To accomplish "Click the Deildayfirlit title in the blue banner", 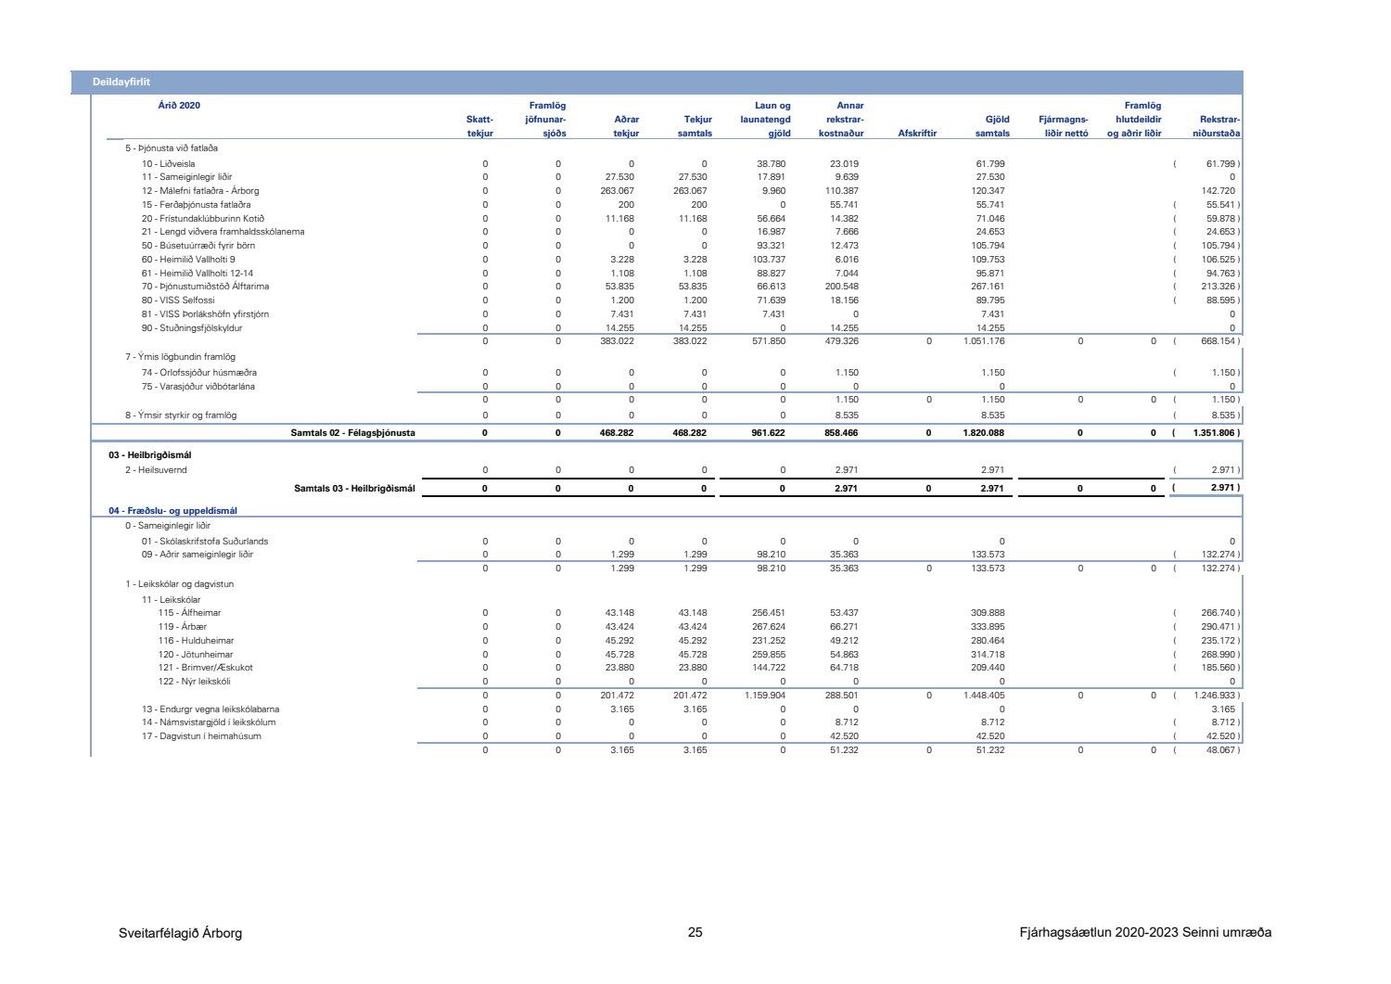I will coord(121,83).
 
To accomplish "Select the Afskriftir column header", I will coord(917,134).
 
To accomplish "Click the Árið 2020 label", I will coord(179,106).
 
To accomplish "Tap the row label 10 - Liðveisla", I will coord(168,164).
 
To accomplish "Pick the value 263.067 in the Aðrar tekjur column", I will coord(617,191).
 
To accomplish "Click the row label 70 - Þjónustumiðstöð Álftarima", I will coord(205,287).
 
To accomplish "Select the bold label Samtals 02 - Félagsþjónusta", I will coord(352,433).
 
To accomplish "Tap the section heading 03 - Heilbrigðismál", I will coord(150,455).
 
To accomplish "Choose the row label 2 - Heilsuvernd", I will coord(156,470).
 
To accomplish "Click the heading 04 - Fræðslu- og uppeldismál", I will coord(172,511).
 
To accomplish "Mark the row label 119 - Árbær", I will coord(182,627).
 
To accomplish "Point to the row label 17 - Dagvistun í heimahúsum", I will coord(201,736).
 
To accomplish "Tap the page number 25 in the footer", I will coord(695,933).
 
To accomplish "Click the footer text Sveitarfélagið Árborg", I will coord(180,933).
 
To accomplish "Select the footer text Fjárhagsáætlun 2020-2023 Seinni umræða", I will coord(1144,932).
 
